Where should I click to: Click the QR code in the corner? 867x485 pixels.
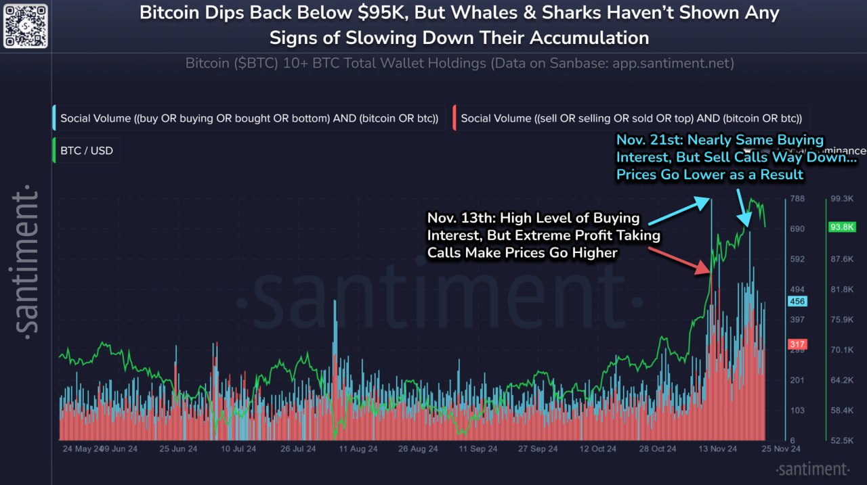pyautogui.click(x=25, y=25)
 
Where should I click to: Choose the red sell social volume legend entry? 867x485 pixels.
pyautogui.click(x=631, y=118)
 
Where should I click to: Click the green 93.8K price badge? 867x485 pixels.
pyautogui.click(x=842, y=227)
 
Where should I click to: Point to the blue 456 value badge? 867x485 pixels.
pyautogui.click(x=797, y=302)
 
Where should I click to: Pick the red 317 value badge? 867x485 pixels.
pyautogui.click(x=797, y=345)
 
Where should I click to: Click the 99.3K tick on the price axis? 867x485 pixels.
pyautogui.click(x=841, y=199)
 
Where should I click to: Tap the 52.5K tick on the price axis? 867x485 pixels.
pyautogui.click(x=841, y=440)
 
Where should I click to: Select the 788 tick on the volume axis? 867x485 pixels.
pyautogui.click(x=797, y=199)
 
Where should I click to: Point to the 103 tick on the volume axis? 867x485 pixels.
pyautogui.click(x=797, y=411)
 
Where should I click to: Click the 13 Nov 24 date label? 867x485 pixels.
pyautogui.click(x=715, y=448)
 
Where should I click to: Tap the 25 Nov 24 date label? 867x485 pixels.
pyautogui.click(x=782, y=448)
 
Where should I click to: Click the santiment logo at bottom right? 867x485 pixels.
pyautogui.click(x=812, y=469)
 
